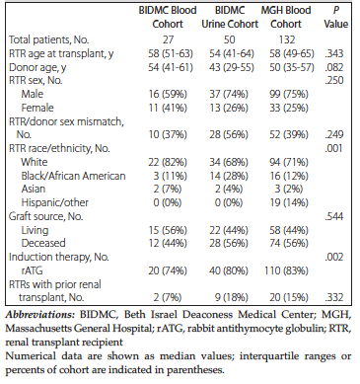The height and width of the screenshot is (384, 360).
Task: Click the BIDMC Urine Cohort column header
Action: pos(230,17)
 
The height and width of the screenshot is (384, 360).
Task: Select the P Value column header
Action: pos(335,17)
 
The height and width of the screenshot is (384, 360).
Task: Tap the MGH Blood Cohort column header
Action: pos(286,17)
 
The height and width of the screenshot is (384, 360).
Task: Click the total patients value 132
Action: pos(287,39)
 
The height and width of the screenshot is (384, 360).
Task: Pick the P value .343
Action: pos(334,53)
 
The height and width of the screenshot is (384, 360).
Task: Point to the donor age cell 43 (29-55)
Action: pos(232,67)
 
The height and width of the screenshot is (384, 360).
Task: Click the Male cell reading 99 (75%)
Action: pos(289,94)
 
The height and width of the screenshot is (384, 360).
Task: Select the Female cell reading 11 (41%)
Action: pos(168,108)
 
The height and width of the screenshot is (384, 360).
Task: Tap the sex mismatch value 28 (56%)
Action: pos(229,134)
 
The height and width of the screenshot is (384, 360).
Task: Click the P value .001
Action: pos(334,148)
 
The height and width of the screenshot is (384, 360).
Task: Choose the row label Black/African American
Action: pos(73,176)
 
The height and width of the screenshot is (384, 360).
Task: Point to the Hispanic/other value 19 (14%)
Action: pos(289,202)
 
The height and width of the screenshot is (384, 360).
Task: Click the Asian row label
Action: pos(34,189)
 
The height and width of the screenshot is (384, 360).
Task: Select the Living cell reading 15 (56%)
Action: pos(168,230)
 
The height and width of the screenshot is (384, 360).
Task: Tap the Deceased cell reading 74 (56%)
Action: pos(289,243)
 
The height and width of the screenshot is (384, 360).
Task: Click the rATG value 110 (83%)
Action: pos(286,270)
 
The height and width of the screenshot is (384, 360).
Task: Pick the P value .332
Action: pos(334,297)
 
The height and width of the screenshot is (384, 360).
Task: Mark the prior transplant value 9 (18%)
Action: pos(232,297)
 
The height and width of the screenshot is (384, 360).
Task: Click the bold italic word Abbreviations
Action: pos(40,315)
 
